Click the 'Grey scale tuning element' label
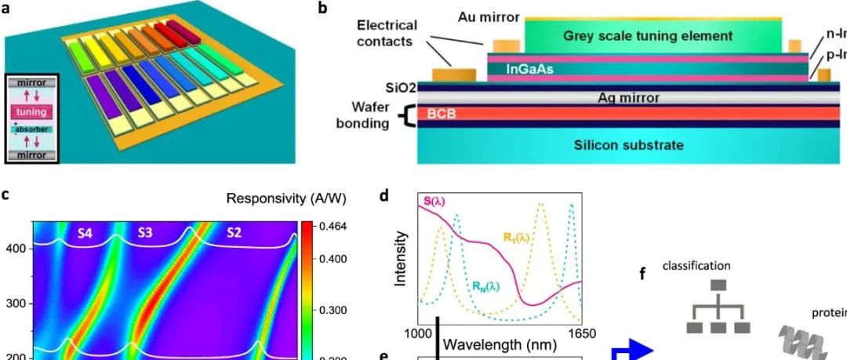click(647, 36)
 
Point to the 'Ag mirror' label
click(627, 98)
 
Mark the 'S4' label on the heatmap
click(84, 232)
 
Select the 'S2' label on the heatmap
click(234, 232)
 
